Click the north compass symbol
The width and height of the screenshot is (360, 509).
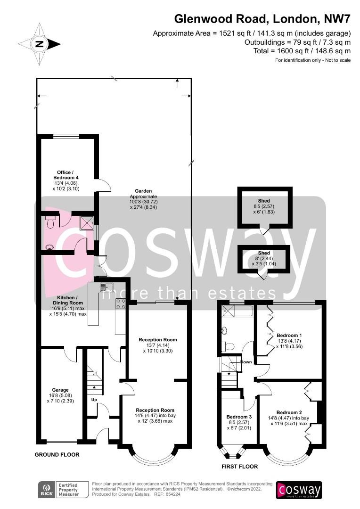(40, 44)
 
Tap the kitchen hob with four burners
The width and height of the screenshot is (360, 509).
(121, 304)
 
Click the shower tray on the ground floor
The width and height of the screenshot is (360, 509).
(87, 222)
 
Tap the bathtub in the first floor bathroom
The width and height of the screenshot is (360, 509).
(237, 312)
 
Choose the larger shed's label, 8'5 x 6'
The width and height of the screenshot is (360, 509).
(264, 206)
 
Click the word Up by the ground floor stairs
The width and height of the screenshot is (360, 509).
(94, 400)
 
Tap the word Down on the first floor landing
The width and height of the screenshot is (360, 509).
(246, 362)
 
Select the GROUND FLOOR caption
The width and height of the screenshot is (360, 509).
(57, 454)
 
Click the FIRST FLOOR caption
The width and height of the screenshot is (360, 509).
(239, 467)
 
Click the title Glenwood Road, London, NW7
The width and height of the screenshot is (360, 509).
(262, 19)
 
